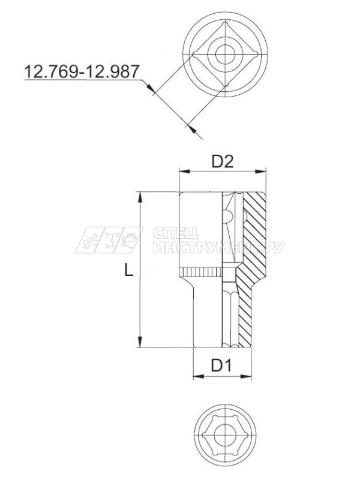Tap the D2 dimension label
(x=223, y=161)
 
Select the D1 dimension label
(x=221, y=365)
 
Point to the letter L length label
(x=128, y=271)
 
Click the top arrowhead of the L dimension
(x=142, y=196)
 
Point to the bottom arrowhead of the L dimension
(x=142, y=343)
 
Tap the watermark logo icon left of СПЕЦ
(x=108, y=240)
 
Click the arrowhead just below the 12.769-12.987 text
(x=153, y=91)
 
